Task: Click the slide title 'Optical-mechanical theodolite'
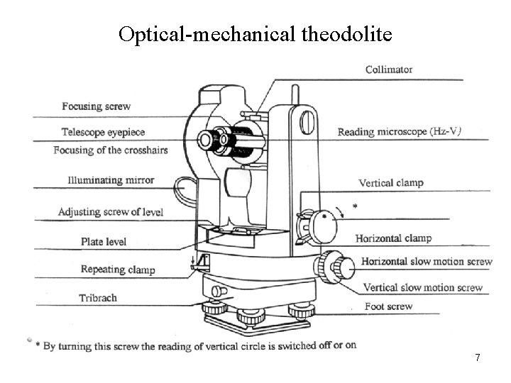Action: (254, 33)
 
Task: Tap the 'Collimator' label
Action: (389, 70)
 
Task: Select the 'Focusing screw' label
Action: (96, 106)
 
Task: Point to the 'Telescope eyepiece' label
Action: (103, 132)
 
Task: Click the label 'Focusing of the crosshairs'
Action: (104, 150)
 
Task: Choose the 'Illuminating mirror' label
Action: (111, 180)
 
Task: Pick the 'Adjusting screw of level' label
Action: (110, 211)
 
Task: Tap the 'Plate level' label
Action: (103, 242)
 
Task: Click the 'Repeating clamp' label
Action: (117, 270)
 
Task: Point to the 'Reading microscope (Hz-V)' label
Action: (401, 132)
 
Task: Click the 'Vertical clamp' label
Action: (390, 183)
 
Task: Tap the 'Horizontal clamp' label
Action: (393, 238)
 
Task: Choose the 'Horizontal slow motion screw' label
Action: (426, 262)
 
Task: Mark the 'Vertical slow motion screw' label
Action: (422, 288)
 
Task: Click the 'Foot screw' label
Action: (388, 307)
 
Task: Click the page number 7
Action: (478, 357)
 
